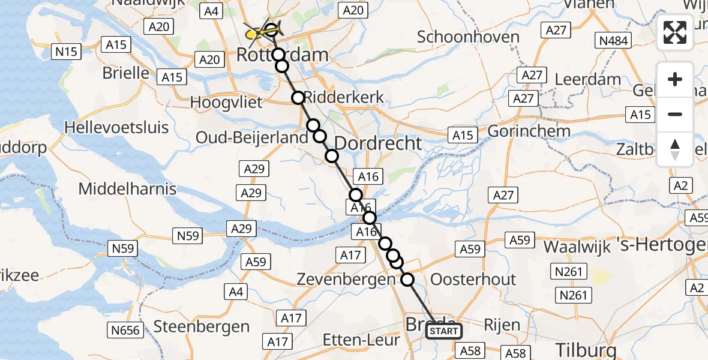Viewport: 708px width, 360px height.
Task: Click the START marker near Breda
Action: pos(444,331)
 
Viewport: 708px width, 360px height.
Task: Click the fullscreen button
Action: pos(675,32)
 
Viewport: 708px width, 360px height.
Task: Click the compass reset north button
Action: pos(675,149)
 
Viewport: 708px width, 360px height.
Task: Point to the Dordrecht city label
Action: pos(378,143)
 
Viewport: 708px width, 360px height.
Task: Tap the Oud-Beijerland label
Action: pos(252,138)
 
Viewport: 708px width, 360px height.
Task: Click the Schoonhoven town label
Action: pos(468,37)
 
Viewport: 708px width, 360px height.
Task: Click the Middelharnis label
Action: pos(128,189)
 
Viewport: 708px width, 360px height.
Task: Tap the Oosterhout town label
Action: pos(473,280)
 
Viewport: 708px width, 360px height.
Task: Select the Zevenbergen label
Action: pos(346,280)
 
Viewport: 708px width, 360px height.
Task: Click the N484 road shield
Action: pos(612,40)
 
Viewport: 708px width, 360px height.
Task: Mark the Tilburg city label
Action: pos(586,350)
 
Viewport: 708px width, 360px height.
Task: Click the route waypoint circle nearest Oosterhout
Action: pos(407,279)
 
